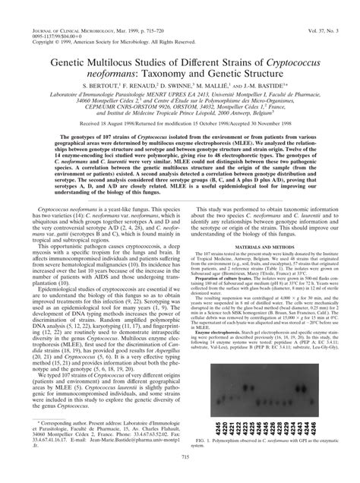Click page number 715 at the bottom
[x=180, y=475]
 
